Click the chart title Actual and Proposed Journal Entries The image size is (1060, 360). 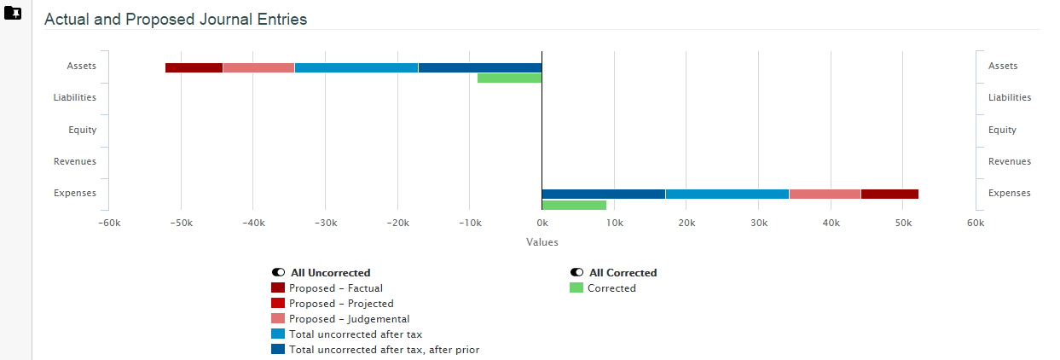175,19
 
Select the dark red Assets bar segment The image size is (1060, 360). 194,67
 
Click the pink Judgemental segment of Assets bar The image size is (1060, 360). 258,67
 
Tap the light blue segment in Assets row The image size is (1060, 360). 356,67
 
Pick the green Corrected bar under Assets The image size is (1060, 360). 509,78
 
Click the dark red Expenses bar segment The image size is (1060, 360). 889,194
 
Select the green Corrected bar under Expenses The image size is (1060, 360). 574,205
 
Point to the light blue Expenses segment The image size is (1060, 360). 727,194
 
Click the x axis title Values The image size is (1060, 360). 542,242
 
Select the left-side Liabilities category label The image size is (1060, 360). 75,97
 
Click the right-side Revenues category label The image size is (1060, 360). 1009,161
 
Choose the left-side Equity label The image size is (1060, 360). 83,130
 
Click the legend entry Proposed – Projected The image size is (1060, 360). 341,304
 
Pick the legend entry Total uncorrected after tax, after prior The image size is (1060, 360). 384,350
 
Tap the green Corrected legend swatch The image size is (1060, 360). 576,288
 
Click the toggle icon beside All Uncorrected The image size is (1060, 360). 279,273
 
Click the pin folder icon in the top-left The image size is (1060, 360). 13,14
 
